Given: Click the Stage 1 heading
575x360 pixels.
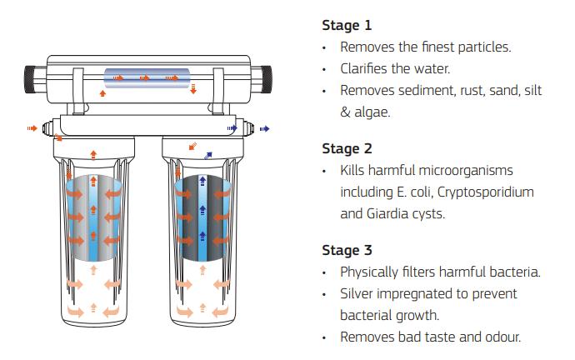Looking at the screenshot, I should click(x=347, y=25).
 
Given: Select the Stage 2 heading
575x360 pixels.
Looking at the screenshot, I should click(x=347, y=148).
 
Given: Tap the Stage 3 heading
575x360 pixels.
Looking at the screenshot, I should click(x=347, y=250).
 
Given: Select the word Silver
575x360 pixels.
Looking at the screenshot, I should click(x=357, y=293).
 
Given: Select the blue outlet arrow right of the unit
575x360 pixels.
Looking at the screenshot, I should click(x=265, y=128).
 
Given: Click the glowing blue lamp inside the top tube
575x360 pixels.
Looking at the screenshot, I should click(x=150, y=78).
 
